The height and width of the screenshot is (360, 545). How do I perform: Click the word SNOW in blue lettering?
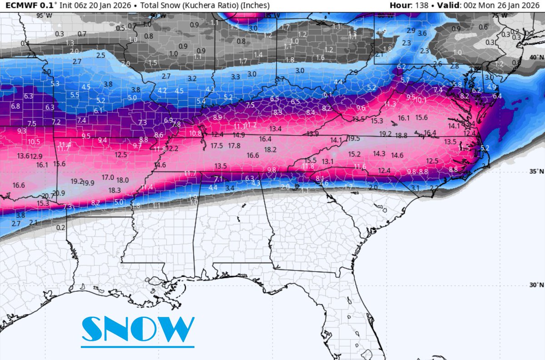point(138,329)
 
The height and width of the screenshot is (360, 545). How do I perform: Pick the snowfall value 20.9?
point(59,193)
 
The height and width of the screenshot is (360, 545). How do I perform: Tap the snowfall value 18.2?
point(270,149)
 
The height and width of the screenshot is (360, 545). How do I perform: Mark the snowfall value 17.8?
point(234,146)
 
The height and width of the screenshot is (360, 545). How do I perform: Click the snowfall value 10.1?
point(420,100)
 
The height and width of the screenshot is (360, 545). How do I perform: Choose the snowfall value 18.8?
point(401,135)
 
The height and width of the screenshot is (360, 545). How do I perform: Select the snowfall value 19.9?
point(88,183)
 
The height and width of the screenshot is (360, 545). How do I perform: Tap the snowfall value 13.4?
point(275,129)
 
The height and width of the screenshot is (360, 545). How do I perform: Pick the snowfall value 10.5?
point(33,142)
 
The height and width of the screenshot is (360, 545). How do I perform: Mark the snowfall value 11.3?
point(390,105)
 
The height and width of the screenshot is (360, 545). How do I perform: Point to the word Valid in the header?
point(448,5)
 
